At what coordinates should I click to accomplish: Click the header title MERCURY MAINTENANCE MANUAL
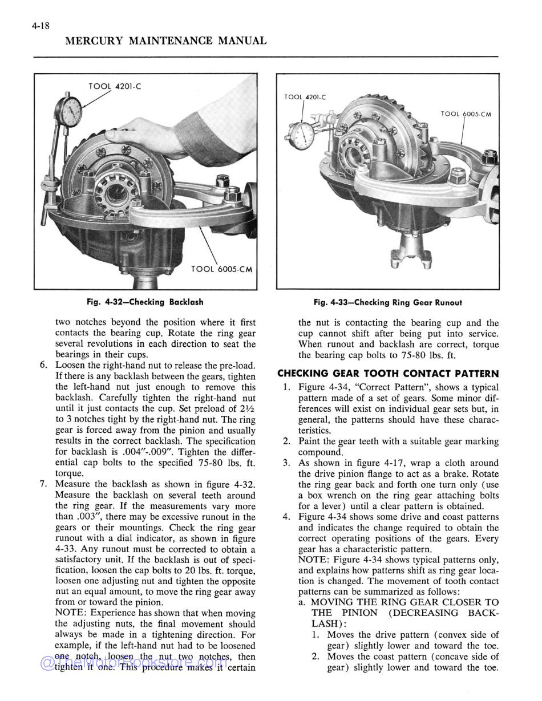(165, 41)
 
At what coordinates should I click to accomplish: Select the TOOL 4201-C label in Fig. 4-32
(115, 87)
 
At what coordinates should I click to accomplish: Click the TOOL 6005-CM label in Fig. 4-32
(221, 269)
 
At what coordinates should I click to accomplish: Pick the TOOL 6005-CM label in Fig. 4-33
(466, 114)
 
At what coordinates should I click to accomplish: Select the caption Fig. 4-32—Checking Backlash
(145, 302)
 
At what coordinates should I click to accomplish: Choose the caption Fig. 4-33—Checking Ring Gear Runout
(387, 303)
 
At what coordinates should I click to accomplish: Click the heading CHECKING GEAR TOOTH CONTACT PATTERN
(387, 374)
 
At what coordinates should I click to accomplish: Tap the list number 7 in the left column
(43, 485)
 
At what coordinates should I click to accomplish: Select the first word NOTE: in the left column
(71, 613)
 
